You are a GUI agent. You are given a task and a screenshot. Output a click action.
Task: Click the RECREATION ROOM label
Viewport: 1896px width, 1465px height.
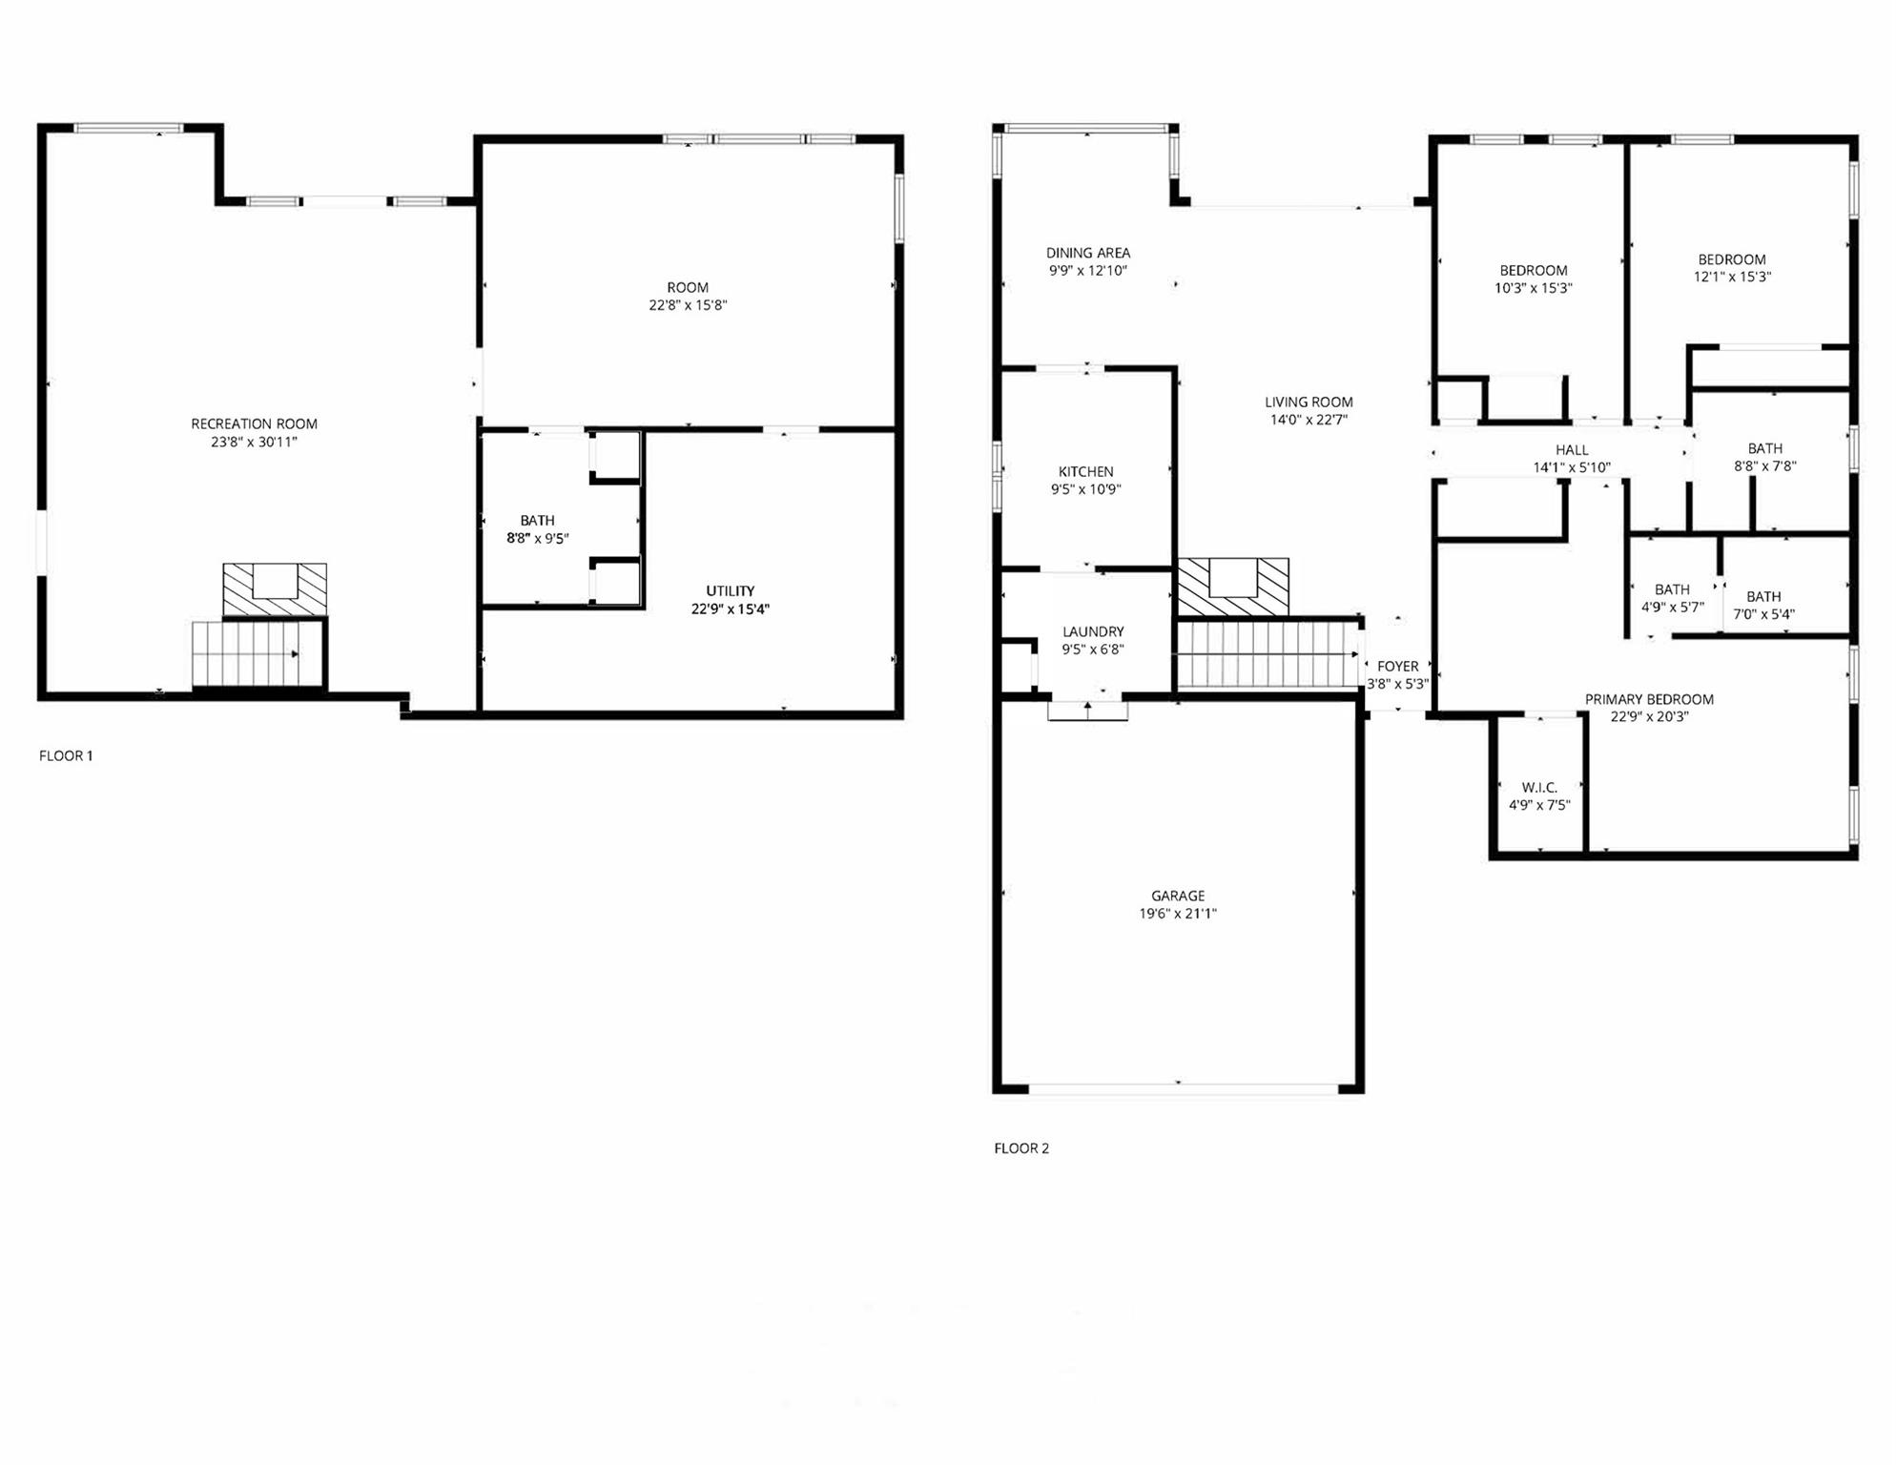click(254, 423)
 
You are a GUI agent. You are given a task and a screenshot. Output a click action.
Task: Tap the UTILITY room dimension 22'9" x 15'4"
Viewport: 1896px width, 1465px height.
click(731, 609)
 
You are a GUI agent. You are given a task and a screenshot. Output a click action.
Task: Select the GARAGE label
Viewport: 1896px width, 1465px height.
click(1178, 896)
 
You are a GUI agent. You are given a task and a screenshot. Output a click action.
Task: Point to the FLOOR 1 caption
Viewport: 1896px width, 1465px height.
click(66, 755)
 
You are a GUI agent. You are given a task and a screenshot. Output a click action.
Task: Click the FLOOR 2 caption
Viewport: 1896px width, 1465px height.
click(1021, 1148)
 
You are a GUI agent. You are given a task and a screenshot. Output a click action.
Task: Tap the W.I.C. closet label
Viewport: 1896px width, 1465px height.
click(1539, 788)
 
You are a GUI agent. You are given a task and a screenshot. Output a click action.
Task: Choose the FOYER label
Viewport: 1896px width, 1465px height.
click(1398, 666)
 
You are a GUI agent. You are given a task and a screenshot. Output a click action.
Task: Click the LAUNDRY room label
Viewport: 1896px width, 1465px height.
click(1093, 631)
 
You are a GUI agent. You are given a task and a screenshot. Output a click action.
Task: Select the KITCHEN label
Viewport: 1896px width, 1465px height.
click(1086, 471)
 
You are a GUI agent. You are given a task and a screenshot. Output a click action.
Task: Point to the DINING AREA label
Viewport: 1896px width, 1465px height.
click(1088, 253)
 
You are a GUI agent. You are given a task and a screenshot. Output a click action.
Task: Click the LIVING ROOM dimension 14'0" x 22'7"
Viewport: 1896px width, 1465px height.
click(1309, 420)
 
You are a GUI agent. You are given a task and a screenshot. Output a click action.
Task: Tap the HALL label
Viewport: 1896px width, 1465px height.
click(1572, 450)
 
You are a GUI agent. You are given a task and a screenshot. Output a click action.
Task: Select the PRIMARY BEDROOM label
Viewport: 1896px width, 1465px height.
click(1649, 699)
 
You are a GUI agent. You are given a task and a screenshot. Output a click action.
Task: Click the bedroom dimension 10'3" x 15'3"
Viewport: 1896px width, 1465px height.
click(1533, 288)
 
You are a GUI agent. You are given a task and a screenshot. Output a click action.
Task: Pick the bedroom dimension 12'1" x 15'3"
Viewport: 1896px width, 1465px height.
click(1732, 277)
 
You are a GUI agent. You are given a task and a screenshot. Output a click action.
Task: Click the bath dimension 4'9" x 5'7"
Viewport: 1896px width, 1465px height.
click(1672, 607)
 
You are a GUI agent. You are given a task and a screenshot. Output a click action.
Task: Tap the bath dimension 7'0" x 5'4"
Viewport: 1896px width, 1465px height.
click(1763, 614)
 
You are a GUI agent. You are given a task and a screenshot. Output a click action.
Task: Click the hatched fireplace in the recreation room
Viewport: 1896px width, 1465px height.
click(275, 589)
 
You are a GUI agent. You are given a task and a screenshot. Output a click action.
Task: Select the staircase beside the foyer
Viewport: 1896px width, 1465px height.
click(1268, 654)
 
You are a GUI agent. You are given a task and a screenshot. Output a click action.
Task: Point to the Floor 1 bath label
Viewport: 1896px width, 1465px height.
click(537, 520)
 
